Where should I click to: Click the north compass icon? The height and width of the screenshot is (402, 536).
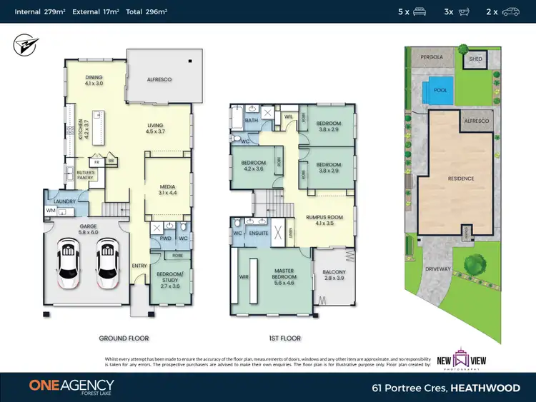click(21, 46)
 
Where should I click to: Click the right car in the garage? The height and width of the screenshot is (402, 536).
click(108, 263)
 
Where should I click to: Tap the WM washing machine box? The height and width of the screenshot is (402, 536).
click(50, 211)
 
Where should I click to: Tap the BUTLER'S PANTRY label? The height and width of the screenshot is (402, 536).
click(74, 174)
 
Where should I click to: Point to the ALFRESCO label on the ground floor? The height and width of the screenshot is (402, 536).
click(159, 79)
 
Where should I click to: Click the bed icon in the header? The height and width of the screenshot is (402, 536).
click(420, 11)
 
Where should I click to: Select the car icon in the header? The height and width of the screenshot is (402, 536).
click(510, 11)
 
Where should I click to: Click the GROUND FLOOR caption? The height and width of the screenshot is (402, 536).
click(124, 338)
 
